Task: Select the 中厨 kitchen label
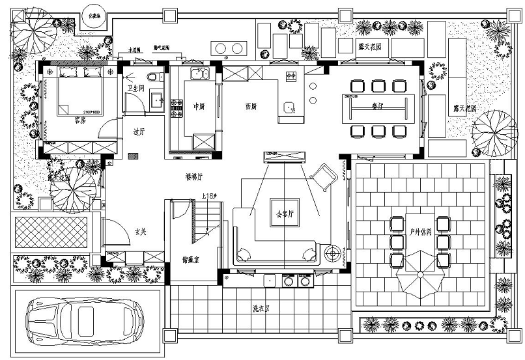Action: click(x=200, y=106)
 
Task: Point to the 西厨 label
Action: click(x=250, y=106)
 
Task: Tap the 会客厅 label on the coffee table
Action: click(x=285, y=213)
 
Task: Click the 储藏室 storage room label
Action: click(x=192, y=260)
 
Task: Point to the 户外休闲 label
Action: click(x=420, y=231)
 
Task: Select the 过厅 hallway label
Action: click(x=138, y=132)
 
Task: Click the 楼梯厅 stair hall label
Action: click(x=194, y=176)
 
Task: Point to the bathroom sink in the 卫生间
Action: click(x=156, y=99)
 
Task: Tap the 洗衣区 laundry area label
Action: click(x=262, y=309)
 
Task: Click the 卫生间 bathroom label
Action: click(x=135, y=88)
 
